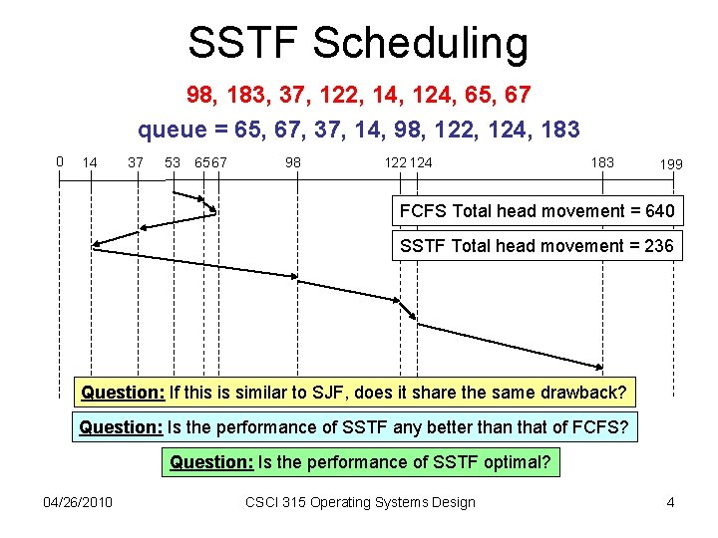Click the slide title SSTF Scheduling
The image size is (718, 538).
click(358, 44)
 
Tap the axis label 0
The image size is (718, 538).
click(60, 160)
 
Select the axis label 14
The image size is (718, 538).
click(90, 162)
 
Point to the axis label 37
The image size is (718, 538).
click(136, 162)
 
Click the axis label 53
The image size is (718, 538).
click(173, 162)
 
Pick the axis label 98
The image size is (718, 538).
click(293, 162)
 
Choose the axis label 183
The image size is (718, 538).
click(602, 162)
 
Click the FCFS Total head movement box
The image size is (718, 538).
click(537, 211)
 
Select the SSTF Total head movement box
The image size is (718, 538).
click(537, 245)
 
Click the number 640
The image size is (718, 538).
click(658, 211)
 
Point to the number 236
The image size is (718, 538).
click(658, 245)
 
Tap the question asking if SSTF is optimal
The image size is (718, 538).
click(360, 461)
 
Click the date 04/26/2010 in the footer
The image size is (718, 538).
click(78, 502)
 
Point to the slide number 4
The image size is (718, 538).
click(670, 502)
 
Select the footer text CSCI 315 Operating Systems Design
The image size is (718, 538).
click(360, 502)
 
